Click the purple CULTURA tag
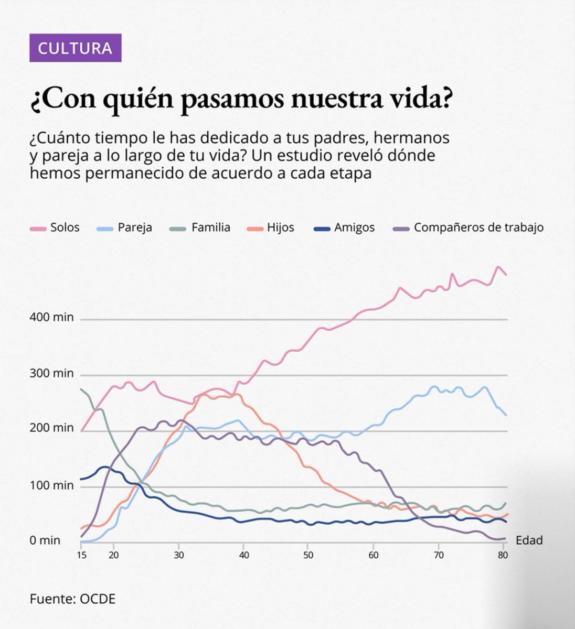pos(75,48)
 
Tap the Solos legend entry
pos(56,227)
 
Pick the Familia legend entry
pos(201,227)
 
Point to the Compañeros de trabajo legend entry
pos(468,227)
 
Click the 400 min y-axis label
pos(52,318)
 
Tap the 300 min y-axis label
pos(52,374)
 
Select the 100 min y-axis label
pos(52,485)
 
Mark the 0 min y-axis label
pos(45,540)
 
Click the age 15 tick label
pos(81,555)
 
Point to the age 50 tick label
pos(308,555)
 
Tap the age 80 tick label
pos(503,555)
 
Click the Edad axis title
pos(529,540)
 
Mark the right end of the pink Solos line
pos(506,275)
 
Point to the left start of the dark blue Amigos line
pos(81,479)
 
